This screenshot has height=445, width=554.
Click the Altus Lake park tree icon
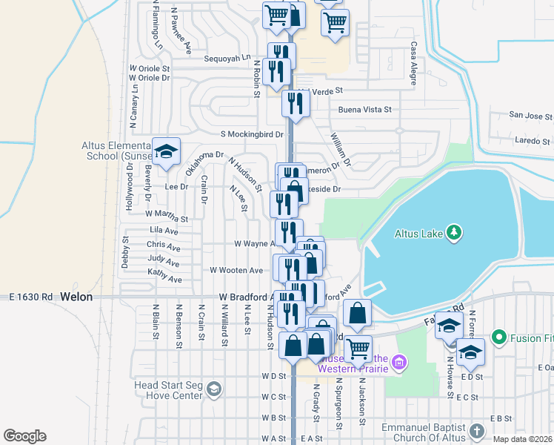point(455,234)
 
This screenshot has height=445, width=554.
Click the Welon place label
point(76,297)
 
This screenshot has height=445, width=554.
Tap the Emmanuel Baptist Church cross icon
point(476,432)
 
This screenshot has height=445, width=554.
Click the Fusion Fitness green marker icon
point(498,338)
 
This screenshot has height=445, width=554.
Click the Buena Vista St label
point(364,110)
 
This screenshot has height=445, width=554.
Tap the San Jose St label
point(530,116)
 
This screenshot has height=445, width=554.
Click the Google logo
point(24,436)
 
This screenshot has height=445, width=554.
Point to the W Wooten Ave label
point(236,270)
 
